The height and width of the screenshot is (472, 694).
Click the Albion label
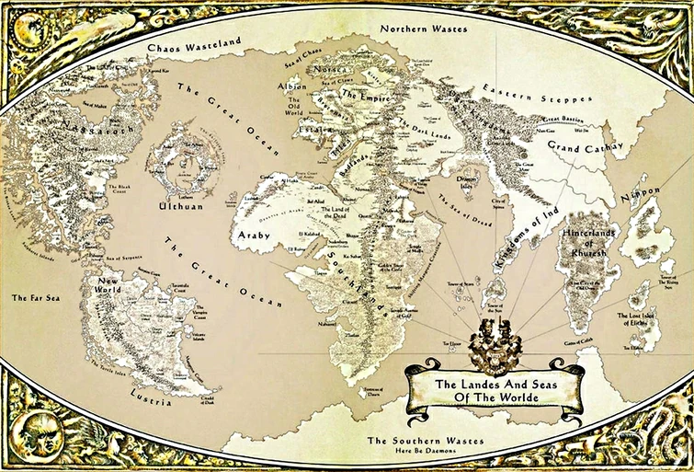click(x=292, y=86)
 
